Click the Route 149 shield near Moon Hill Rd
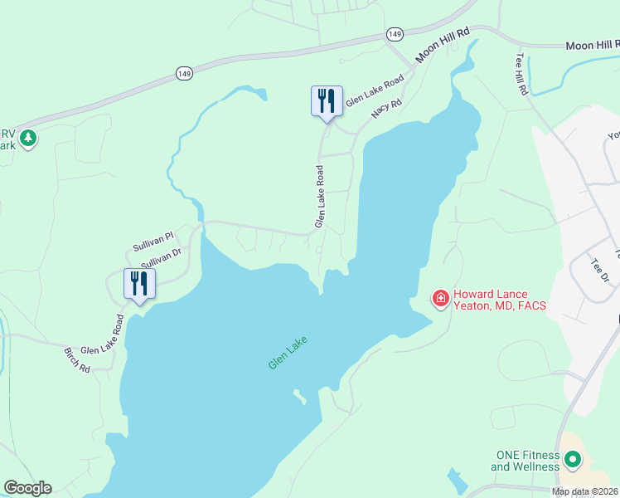395,34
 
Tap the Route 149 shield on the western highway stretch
185,74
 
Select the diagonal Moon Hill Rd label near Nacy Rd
443,43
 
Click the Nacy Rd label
386,108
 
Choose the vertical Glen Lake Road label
319,196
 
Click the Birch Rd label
77,360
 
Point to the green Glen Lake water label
288,352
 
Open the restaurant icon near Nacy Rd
327,101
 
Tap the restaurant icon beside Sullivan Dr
138,284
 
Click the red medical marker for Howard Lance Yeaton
440,297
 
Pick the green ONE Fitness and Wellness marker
572,458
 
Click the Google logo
27,488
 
